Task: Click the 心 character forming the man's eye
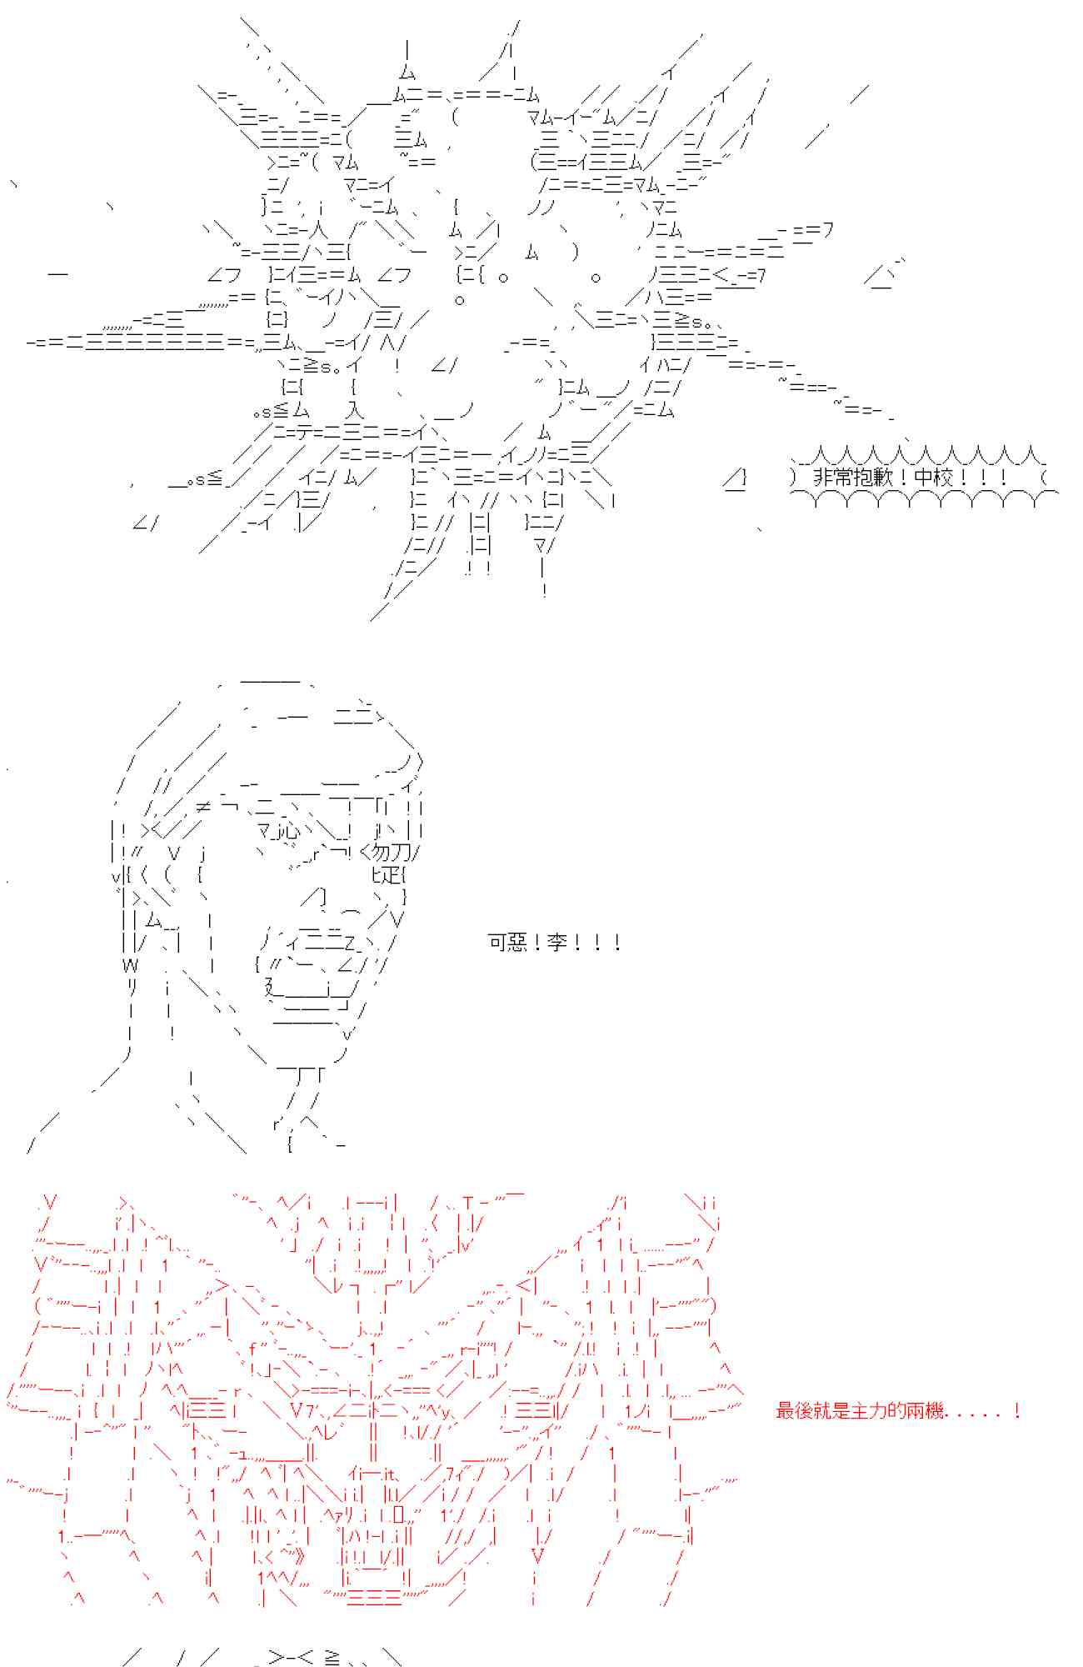[x=288, y=831]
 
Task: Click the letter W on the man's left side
[x=130, y=965]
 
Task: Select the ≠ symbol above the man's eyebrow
[x=203, y=806]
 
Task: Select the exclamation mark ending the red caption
[x=1017, y=1411]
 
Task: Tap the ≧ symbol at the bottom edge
[x=332, y=1658]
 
